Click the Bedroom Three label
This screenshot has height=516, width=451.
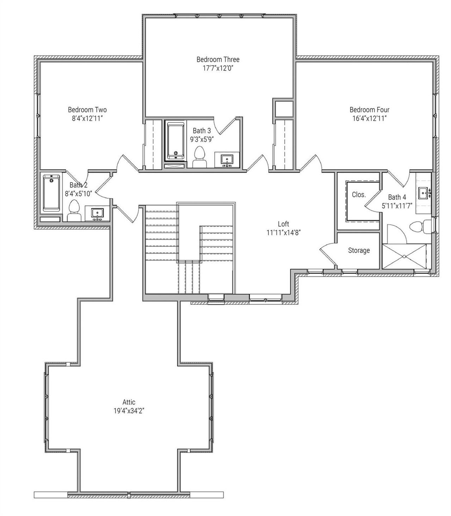tap(218, 60)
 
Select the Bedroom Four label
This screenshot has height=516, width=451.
tap(369, 110)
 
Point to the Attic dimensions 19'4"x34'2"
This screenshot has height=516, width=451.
tap(129, 411)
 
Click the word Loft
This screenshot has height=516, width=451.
tap(283, 224)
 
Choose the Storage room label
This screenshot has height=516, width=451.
tap(359, 251)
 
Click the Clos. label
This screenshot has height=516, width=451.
tap(359, 195)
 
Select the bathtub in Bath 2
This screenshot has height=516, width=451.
tap(51, 193)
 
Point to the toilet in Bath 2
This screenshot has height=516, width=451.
tap(74, 210)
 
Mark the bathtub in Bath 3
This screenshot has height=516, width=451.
tap(175, 141)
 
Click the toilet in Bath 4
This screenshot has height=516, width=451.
tap(422, 226)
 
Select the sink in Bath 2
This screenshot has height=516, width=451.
tap(97, 214)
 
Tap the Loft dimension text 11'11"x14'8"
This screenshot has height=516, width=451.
tap(283, 232)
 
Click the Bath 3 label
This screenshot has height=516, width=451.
tap(202, 131)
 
